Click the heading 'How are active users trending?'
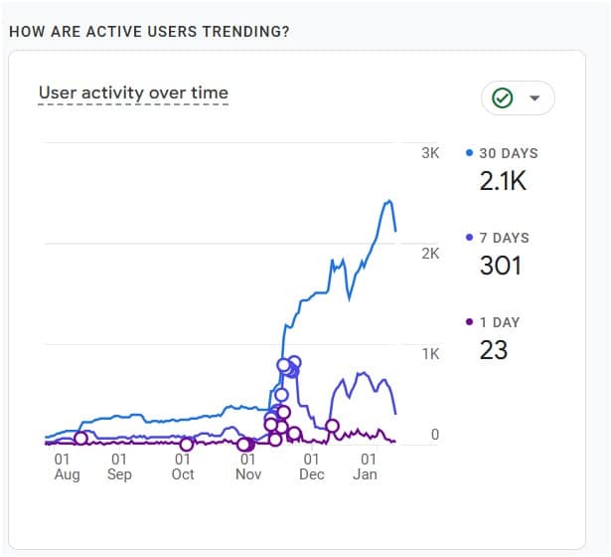pyautogui.click(x=149, y=31)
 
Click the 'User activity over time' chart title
pyautogui.click(x=133, y=93)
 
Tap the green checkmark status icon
pyautogui.click(x=503, y=97)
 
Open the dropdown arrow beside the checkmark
pyautogui.click(x=535, y=97)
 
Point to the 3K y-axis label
pyautogui.click(x=430, y=153)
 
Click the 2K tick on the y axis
pyautogui.click(x=430, y=254)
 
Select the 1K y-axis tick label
pyautogui.click(x=430, y=353)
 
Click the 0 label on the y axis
pyautogui.click(x=435, y=434)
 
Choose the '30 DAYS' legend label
pyautogui.click(x=508, y=153)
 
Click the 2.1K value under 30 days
pyautogui.click(x=502, y=181)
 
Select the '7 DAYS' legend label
pyautogui.click(x=504, y=238)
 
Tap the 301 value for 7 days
pyautogui.click(x=500, y=266)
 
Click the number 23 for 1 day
pyautogui.click(x=494, y=350)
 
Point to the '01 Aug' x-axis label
pyautogui.click(x=66, y=466)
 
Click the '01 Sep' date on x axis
pyautogui.click(x=118, y=466)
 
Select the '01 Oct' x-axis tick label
pyautogui.click(x=183, y=466)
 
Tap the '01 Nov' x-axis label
pyautogui.click(x=248, y=466)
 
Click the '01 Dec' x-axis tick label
pyautogui.click(x=311, y=466)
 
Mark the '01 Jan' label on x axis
pyautogui.click(x=368, y=466)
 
